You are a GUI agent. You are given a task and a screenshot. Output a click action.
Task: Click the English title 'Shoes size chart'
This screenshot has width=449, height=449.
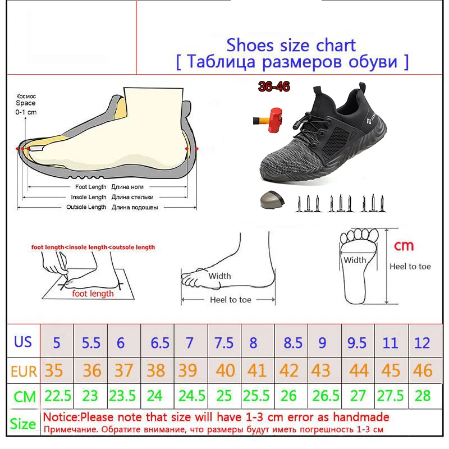(x=291, y=44)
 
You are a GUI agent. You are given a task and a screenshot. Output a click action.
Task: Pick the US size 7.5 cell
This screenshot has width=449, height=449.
(x=224, y=342)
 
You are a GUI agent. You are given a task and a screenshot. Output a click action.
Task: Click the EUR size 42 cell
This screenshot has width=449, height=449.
(x=289, y=370)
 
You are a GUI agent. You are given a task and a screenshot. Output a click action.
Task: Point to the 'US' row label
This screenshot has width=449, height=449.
(x=24, y=341)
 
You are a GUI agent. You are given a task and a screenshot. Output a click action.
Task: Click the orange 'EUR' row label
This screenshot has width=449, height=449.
(x=24, y=370)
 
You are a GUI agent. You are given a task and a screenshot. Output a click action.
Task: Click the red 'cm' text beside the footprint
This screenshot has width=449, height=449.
(x=404, y=245)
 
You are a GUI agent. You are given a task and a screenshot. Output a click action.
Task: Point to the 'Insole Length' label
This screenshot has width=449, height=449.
(x=89, y=198)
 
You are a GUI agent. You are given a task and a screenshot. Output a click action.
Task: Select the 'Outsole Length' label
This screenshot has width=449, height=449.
(x=86, y=207)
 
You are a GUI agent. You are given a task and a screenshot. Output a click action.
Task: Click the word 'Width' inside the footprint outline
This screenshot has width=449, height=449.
(x=355, y=260)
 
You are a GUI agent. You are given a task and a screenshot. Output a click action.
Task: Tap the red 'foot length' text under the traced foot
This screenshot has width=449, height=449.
(x=93, y=293)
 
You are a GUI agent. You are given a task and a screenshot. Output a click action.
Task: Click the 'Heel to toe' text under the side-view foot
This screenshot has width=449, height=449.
(x=230, y=300)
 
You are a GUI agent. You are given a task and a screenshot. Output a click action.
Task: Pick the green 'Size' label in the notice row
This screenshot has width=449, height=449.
(x=23, y=424)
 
